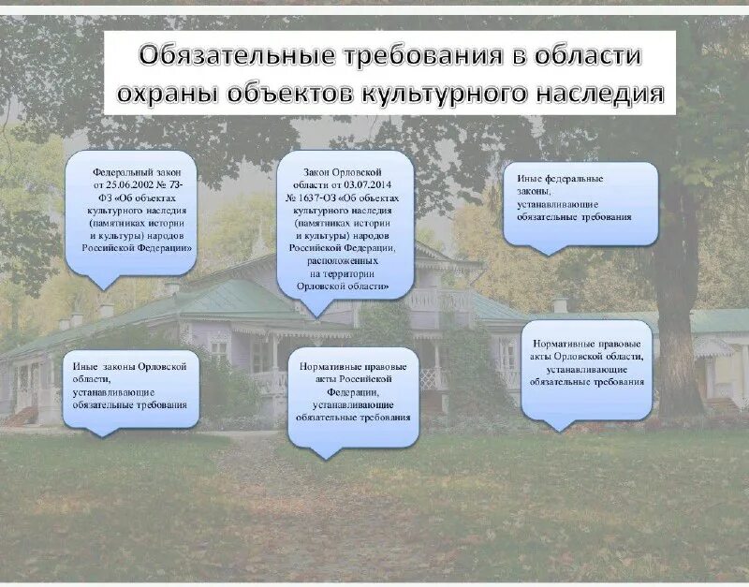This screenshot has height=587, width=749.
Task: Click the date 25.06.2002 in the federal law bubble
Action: pyautogui.click(x=140, y=186)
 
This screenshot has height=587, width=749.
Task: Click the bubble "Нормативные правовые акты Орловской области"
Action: pyautogui.click(x=587, y=368)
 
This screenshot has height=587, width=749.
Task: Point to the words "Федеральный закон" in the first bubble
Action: pyautogui.click(x=130, y=173)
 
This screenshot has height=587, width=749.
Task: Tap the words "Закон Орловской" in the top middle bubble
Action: pyautogui.click(x=344, y=173)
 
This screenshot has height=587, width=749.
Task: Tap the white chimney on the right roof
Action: pyautogui.click(x=560, y=305)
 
